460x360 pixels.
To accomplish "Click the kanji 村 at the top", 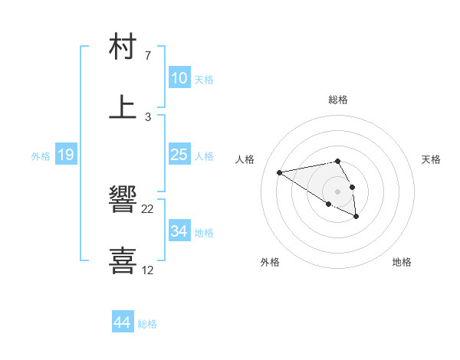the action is click(x=123, y=48).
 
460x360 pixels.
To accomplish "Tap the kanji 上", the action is click(x=123, y=107).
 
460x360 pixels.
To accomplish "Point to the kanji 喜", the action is click(x=123, y=259).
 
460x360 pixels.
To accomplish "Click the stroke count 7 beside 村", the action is click(x=148, y=56).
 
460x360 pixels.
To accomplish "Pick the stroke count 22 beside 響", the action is click(x=148, y=209).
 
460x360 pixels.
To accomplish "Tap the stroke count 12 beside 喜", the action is click(x=148, y=270).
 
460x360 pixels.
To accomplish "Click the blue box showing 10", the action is click(x=179, y=78).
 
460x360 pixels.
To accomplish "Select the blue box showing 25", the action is click(x=179, y=155).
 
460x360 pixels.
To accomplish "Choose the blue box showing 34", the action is click(x=179, y=231).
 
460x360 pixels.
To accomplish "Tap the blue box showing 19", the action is click(x=66, y=155).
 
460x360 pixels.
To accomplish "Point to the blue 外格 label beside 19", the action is click(x=41, y=156).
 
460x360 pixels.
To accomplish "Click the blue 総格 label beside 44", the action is click(x=147, y=324).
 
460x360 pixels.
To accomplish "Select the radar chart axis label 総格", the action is click(x=338, y=100).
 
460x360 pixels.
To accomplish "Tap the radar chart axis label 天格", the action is click(x=431, y=159).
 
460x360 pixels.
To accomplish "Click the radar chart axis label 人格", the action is click(x=245, y=159).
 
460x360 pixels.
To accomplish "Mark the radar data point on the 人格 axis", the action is click(x=280, y=172).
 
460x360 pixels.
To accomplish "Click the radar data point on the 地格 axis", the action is click(x=356, y=217).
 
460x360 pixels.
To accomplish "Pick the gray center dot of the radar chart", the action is click(x=338, y=191).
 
